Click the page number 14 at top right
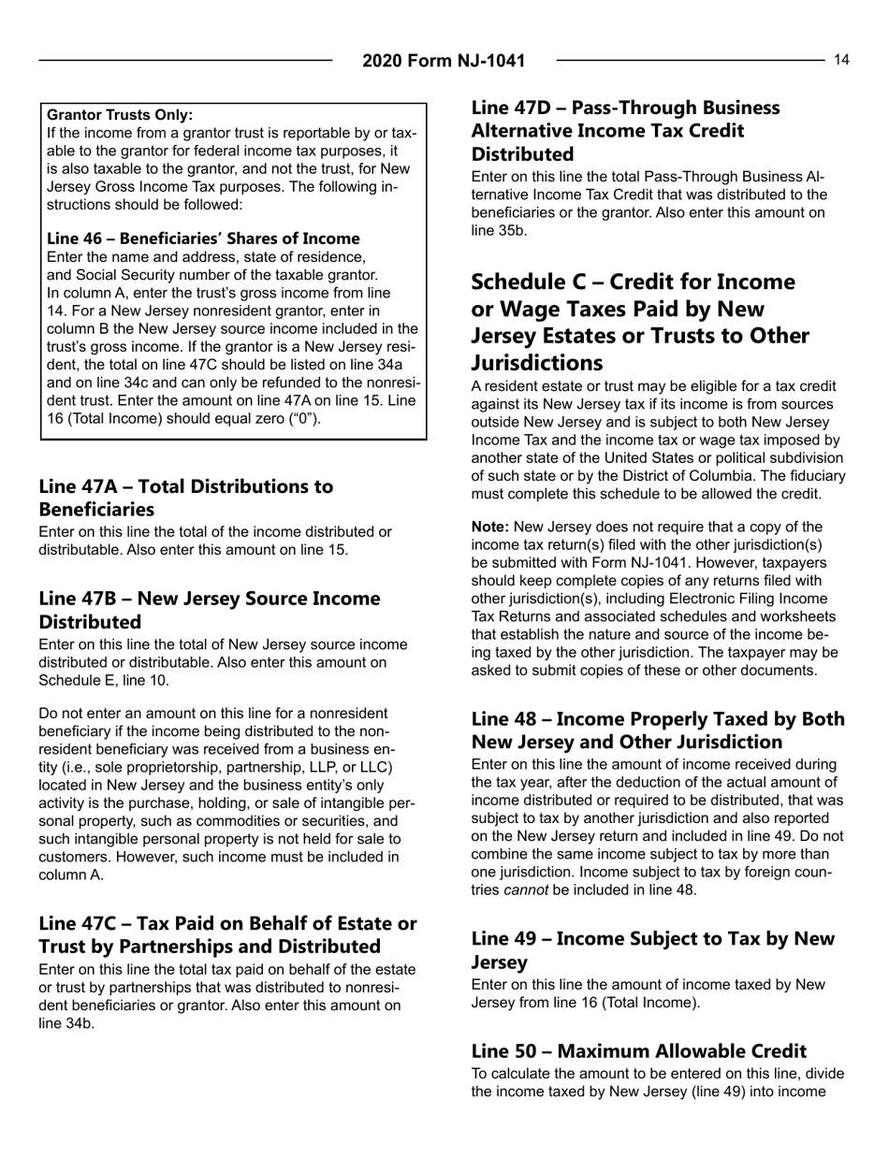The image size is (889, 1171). (x=842, y=60)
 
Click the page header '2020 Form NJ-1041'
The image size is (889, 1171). (x=444, y=62)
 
